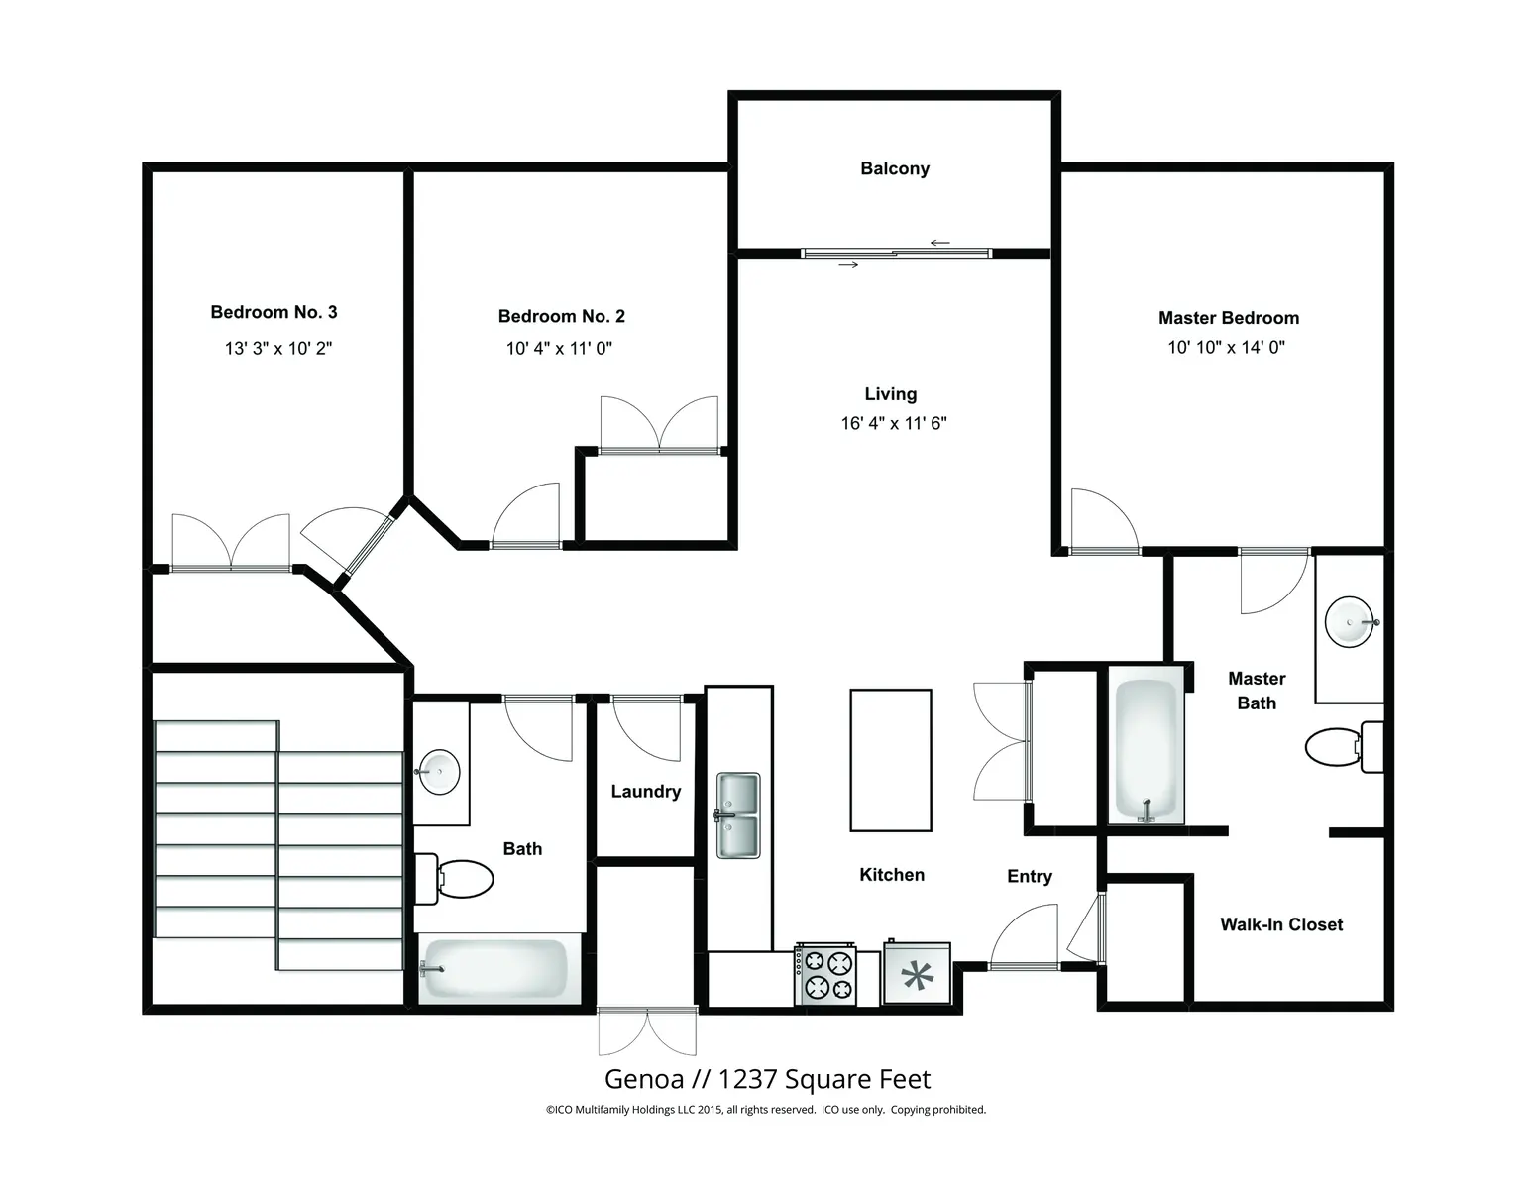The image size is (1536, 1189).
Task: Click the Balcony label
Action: click(x=894, y=168)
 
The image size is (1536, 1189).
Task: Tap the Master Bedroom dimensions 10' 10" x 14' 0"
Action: click(x=1227, y=347)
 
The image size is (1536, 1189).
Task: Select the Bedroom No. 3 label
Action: click(x=274, y=312)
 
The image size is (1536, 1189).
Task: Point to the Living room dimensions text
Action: click(x=894, y=423)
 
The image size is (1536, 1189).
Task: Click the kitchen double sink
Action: click(x=738, y=815)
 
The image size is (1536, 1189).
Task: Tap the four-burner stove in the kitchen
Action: click(x=825, y=974)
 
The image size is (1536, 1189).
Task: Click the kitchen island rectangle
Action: click(x=891, y=760)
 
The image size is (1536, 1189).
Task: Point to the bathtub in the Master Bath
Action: click(x=1146, y=750)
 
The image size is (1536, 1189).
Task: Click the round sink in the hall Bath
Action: click(x=438, y=772)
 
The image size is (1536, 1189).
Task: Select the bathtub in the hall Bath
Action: click(x=494, y=969)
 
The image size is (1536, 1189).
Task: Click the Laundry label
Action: click(x=646, y=792)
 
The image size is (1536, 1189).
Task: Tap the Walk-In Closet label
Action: click(x=1281, y=924)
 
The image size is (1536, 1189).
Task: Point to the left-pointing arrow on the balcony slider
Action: click(x=940, y=243)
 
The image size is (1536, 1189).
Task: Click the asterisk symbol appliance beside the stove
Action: click(x=917, y=974)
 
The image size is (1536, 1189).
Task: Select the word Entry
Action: click(x=1030, y=877)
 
